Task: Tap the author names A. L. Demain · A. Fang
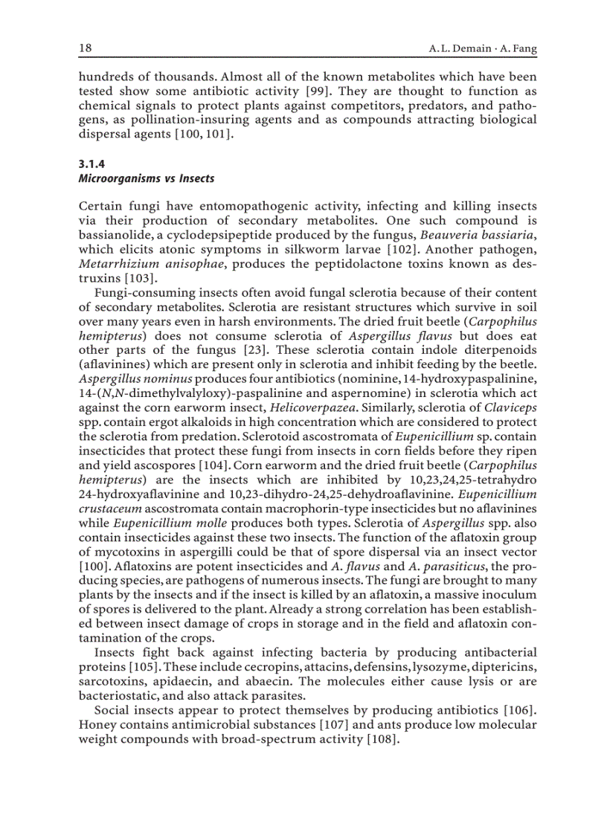click(483, 49)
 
